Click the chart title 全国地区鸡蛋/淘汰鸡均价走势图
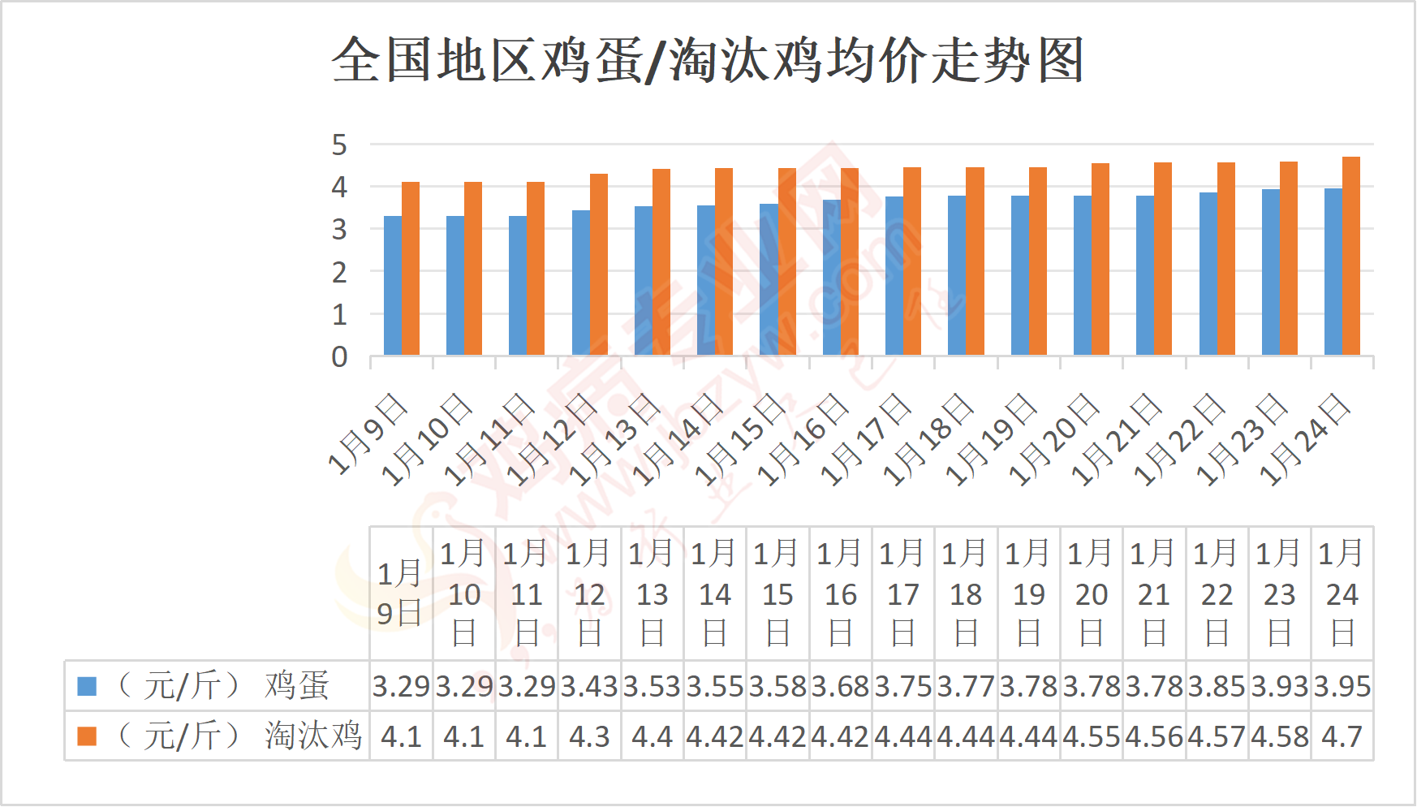(708, 60)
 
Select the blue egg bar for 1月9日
(393, 285)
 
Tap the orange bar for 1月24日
(1351, 256)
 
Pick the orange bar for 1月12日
(599, 264)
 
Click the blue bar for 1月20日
(1083, 275)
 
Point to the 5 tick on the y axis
(339, 145)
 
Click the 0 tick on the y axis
(339, 356)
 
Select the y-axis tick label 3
(339, 230)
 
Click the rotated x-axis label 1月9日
(368, 434)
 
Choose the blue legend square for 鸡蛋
(87, 687)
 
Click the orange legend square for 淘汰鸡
(87, 736)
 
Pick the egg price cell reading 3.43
(589, 687)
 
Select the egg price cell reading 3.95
(1342, 687)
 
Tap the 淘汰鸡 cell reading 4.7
(1342, 737)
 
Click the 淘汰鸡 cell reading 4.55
(1092, 737)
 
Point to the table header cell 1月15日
(777, 593)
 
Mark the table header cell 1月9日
(400, 593)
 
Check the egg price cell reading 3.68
(840, 687)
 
